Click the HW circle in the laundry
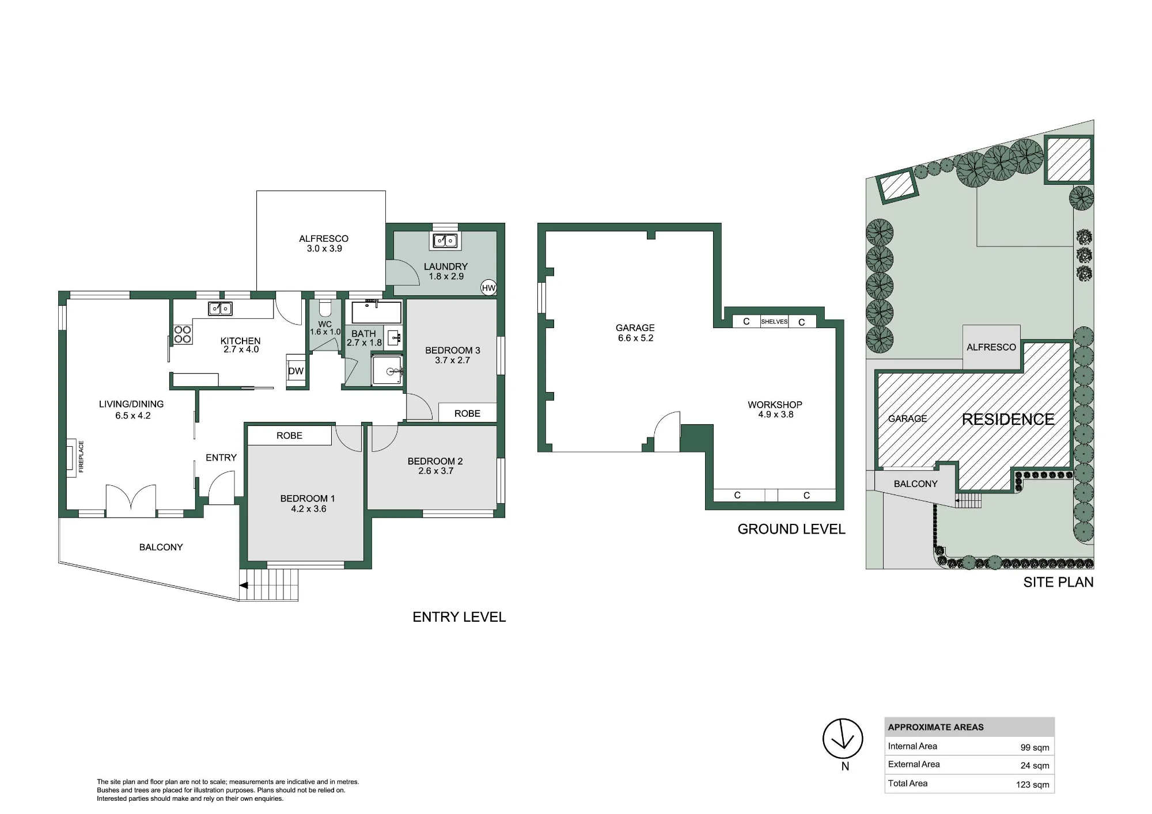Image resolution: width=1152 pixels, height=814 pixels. [x=488, y=288]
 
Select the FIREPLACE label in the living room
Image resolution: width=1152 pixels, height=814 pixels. [x=81, y=457]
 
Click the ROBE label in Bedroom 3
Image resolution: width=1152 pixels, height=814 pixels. [x=467, y=413]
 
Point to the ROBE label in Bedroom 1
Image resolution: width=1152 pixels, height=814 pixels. [x=289, y=436]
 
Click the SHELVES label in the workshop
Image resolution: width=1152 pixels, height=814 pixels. [x=774, y=322]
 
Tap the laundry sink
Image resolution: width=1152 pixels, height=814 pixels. [x=445, y=241]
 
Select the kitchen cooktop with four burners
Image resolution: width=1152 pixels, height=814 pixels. [x=183, y=334]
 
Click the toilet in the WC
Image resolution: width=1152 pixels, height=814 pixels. [x=325, y=309]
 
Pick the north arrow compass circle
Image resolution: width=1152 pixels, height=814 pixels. [x=843, y=739]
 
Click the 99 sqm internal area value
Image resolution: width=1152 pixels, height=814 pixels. [x=1034, y=748]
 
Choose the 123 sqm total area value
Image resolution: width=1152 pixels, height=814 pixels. [x=1032, y=785]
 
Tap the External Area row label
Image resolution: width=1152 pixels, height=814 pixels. [x=914, y=764]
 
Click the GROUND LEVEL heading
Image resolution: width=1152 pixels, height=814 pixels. [x=791, y=529]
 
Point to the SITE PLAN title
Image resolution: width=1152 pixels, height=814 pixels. [x=1058, y=582]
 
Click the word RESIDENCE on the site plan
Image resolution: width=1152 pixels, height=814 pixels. [x=1008, y=419]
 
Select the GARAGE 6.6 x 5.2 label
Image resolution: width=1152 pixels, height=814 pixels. [x=635, y=333]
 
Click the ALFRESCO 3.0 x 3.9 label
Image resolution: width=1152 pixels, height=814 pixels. [x=324, y=244]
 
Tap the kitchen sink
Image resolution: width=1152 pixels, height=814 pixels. [x=220, y=309]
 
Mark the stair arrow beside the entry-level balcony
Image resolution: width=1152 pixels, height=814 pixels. [x=244, y=585]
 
